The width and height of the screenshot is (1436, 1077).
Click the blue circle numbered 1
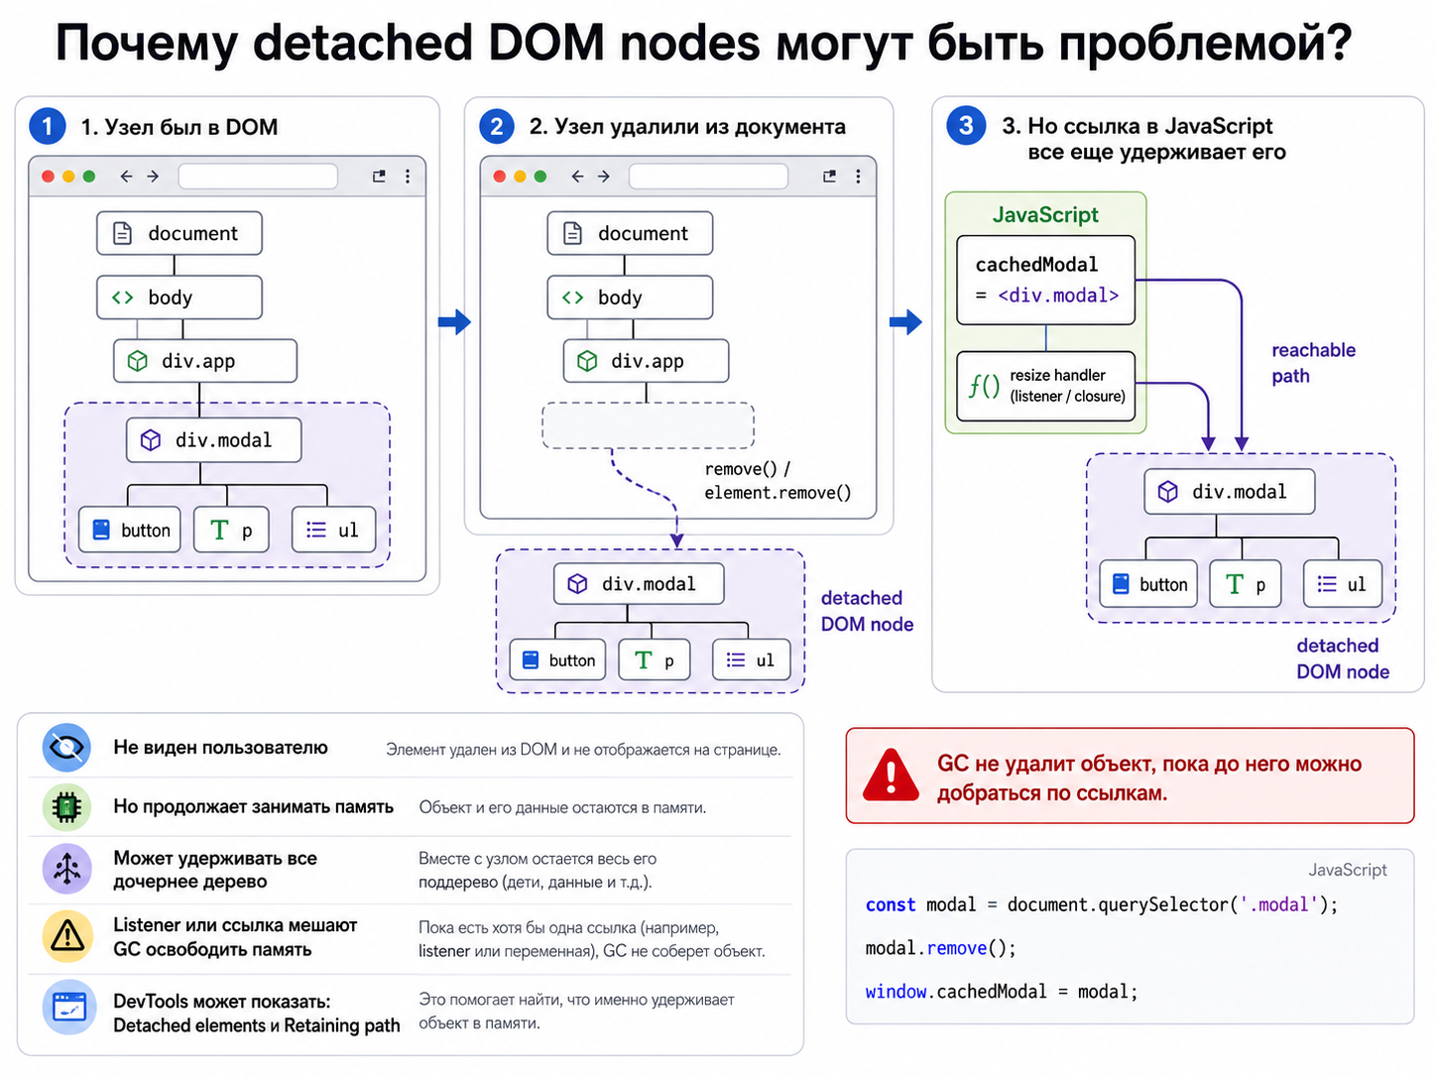47,126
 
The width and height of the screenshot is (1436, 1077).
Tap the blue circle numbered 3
965,125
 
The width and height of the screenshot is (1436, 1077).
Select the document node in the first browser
179,233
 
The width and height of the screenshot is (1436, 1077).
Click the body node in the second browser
630,298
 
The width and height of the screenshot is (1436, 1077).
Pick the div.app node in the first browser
204,360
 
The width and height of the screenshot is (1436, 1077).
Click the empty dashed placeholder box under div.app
648,425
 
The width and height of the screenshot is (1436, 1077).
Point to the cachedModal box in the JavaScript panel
1045,280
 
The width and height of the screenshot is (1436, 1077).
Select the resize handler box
1045,386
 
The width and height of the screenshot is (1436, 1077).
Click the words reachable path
1312,363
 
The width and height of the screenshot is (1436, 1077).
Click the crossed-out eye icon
66,747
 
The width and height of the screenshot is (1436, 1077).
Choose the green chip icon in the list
66,807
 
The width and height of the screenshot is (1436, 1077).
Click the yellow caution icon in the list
66,936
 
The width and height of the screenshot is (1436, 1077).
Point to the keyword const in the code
890,904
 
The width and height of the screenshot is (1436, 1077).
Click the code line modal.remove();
940,948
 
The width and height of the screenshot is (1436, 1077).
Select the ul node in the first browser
333,529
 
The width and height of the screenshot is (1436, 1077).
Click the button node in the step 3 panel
1147,583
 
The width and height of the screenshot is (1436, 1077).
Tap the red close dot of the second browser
499,176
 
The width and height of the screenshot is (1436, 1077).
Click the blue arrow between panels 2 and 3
905,321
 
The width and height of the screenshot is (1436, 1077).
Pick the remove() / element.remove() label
778,481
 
